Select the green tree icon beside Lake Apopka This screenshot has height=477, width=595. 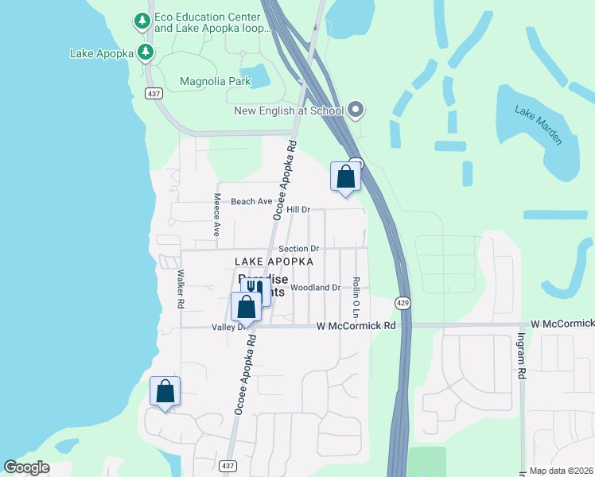click(x=145, y=53)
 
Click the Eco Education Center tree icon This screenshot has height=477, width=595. click(x=142, y=21)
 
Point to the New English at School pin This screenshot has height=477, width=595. click(x=355, y=111)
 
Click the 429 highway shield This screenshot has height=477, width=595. click(x=403, y=303)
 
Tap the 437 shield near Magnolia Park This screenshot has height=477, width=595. click(x=154, y=93)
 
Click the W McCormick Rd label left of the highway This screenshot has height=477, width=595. click(x=356, y=326)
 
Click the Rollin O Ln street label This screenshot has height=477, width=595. click(x=357, y=294)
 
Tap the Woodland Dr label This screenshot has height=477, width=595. click(x=316, y=287)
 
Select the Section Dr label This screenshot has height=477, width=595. click(x=298, y=249)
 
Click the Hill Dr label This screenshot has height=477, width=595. click(x=297, y=209)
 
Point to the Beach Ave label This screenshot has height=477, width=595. click(x=251, y=202)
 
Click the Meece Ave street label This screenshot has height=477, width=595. click(x=216, y=215)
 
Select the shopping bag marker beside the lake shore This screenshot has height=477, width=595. click(x=165, y=392)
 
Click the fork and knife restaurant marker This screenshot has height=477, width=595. click(x=255, y=288)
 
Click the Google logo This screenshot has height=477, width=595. click(x=26, y=467)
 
